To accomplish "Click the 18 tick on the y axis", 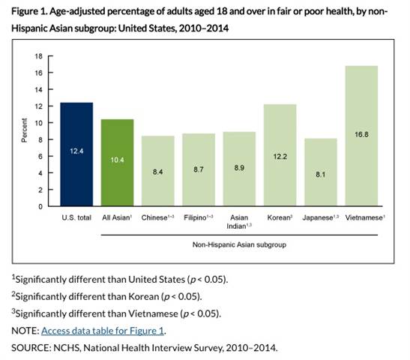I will click(x=38, y=56).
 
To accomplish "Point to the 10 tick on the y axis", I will click(x=38, y=123).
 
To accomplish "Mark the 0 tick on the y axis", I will click(x=40, y=206).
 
